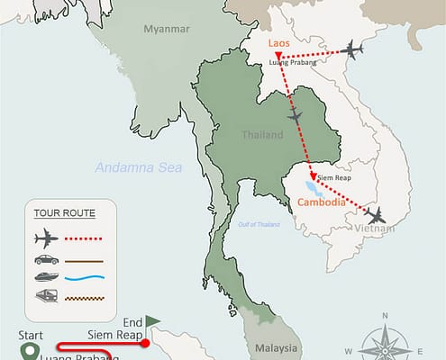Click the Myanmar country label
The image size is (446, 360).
point(168,29)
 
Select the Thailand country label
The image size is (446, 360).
point(264,135)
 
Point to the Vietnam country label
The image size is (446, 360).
point(375,230)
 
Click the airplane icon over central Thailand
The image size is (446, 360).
point(295,117)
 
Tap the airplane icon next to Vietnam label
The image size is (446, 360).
point(376,215)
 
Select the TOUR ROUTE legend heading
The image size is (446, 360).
point(64,213)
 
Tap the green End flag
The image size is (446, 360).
point(152,320)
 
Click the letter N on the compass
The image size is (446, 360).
point(385,316)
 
